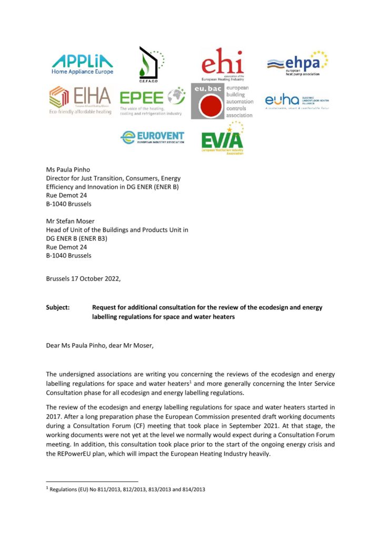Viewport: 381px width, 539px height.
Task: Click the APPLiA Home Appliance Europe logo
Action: coord(82,63)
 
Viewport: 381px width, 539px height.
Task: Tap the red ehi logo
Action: coord(223,64)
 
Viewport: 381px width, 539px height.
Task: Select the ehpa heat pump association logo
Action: coord(297,64)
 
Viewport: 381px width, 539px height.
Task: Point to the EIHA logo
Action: coord(80,100)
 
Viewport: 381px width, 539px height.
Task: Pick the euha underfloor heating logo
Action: coord(296,101)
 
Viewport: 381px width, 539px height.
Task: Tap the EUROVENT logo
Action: coord(153,137)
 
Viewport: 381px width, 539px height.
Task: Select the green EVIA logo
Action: coord(223,138)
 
